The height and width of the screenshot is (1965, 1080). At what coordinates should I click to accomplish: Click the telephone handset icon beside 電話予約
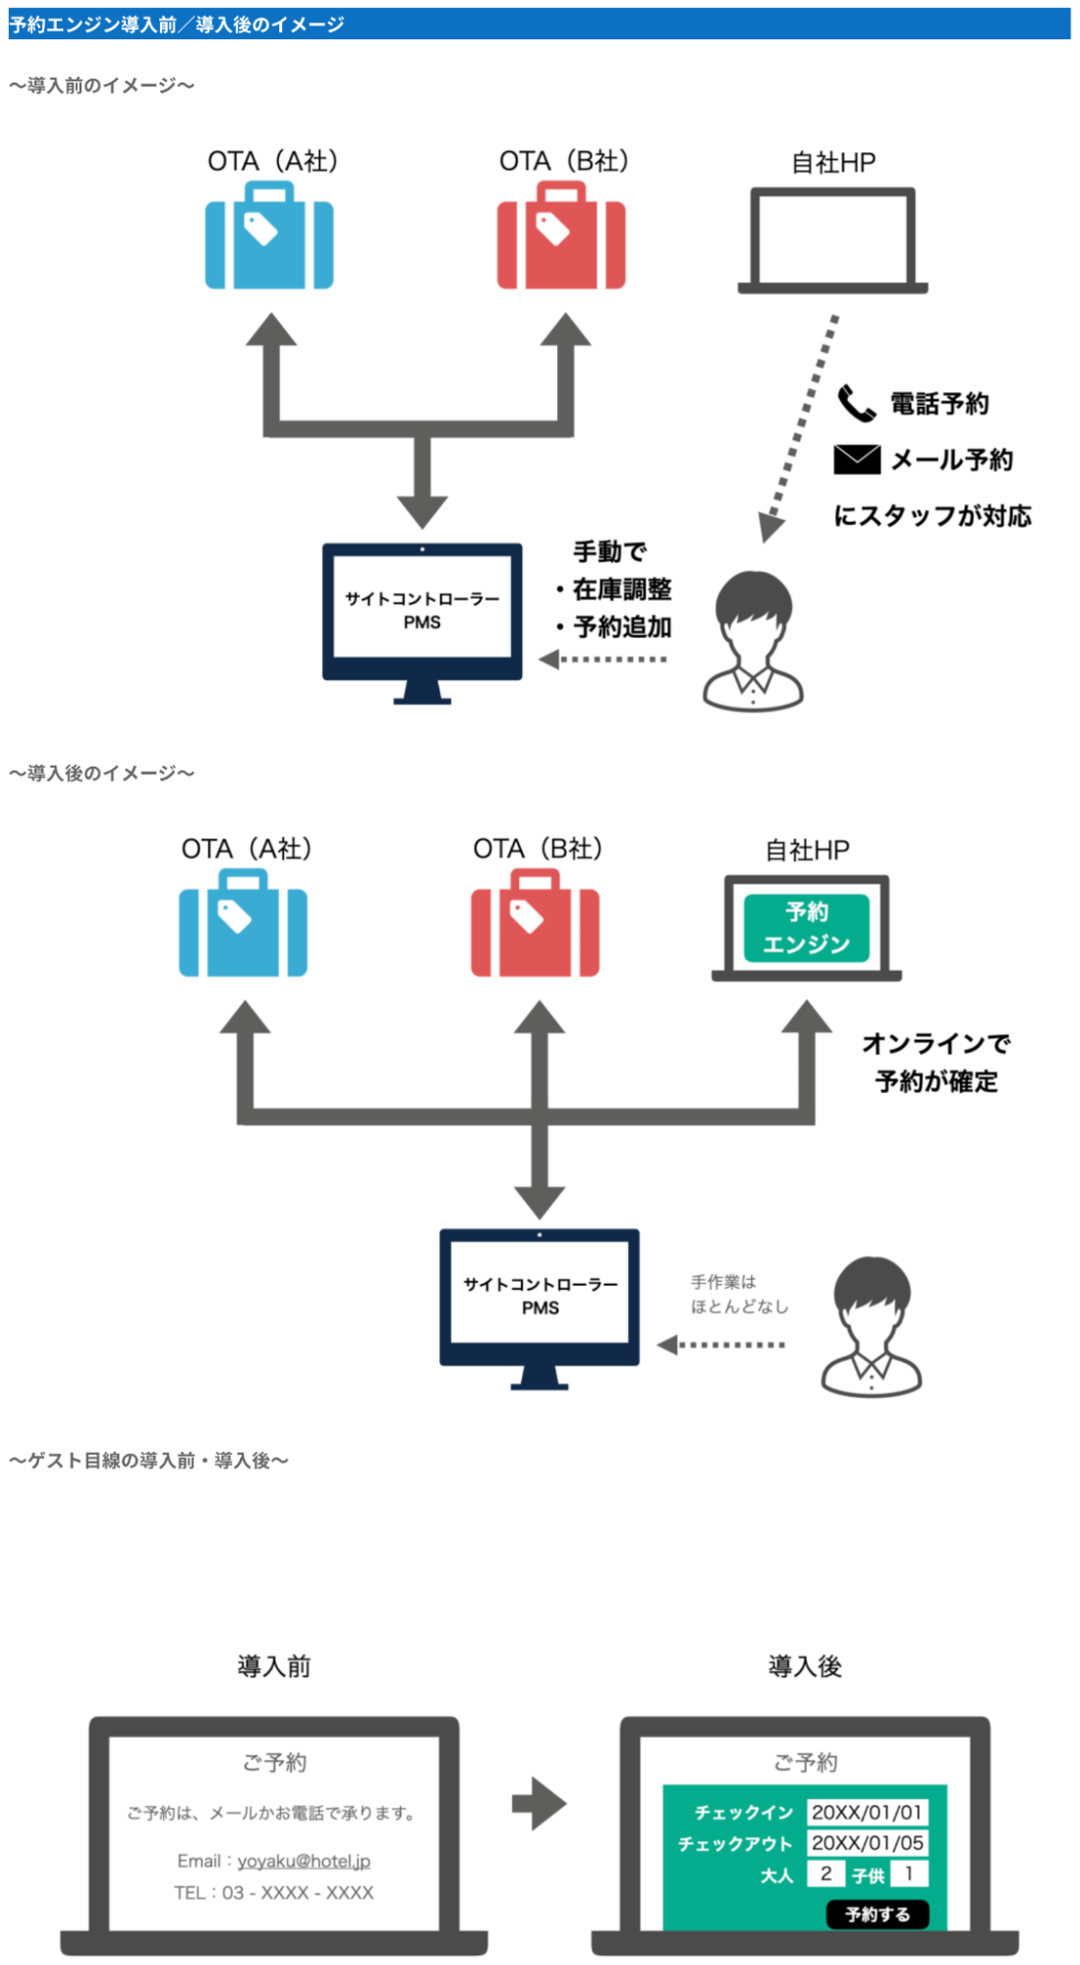[856, 403]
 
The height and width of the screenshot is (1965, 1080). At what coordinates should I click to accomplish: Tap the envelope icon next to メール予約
[857, 459]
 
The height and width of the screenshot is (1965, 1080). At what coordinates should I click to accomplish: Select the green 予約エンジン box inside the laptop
[806, 927]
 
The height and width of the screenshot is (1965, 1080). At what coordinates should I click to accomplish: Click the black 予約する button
[877, 1914]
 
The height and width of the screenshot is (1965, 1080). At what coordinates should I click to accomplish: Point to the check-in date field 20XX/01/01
[867, 1812]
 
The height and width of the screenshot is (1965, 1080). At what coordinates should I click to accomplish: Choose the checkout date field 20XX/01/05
[867, 1843]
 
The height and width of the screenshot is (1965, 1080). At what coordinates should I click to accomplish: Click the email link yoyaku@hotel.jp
[304, 1861]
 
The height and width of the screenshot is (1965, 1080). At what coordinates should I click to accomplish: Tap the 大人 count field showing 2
[825, 1874]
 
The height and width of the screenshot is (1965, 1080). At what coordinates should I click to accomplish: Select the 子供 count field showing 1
[909, 1874]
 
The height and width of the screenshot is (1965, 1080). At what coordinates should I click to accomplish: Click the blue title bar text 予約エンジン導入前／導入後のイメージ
[177, 25]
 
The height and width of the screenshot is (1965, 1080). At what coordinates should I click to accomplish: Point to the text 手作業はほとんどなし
[739, 1294]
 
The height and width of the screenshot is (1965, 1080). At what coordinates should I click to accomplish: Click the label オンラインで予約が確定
[936, 1063]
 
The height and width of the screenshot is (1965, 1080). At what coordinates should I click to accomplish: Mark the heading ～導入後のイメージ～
[101, 774]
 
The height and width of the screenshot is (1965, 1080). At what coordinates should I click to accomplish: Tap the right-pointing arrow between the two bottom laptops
[540, 1804]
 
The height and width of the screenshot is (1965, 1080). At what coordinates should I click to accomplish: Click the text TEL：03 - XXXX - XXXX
[274, 1892]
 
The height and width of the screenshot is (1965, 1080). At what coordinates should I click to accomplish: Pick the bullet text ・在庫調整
[614, 589]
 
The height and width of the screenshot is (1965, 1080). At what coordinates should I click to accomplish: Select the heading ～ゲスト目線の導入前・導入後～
[148, 1461]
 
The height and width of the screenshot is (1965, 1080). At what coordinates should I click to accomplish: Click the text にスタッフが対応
[933, 516]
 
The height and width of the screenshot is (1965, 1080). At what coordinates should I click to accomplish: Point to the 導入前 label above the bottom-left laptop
[274, 1666]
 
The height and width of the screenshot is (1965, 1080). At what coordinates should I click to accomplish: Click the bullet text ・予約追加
[614, 626]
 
